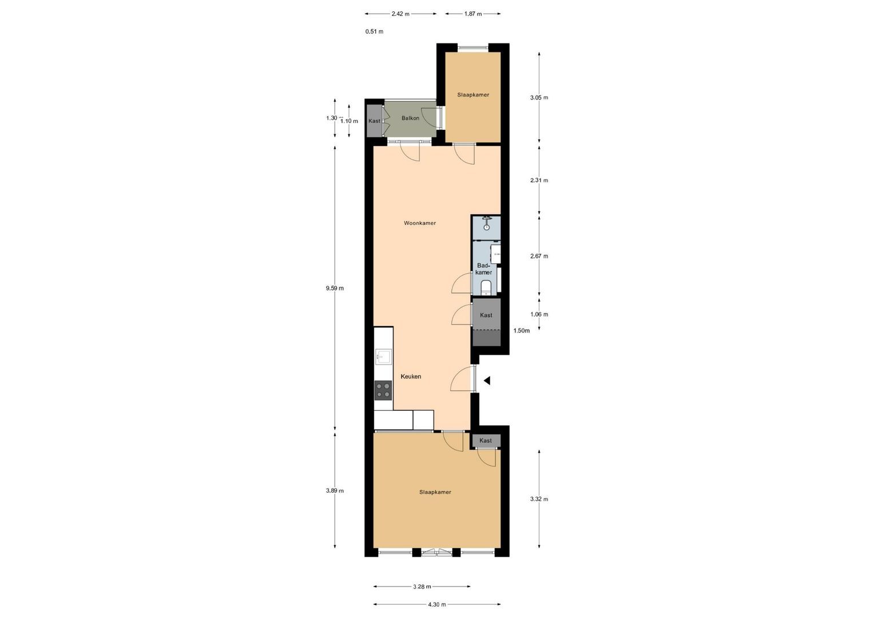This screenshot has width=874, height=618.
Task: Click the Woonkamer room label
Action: pyautogui.click(x=419, y=223)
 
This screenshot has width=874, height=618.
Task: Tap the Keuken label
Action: pyautogui.click(x=411, y=377)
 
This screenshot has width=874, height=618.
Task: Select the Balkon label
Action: pyautogui.click(x=410, y=118)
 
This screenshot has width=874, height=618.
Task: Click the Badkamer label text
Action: pyautogui.click(x=483, y=269)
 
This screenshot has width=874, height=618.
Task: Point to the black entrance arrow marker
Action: pyautogui.click(x=487, y=381)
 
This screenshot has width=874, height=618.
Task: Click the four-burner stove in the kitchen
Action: pyautogui.click(x=383, y=390)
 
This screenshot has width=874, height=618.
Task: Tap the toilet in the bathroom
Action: pyautogui.click(x=486, y=287)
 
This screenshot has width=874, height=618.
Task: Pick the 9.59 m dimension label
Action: pyautogui.click(x=335, y=288)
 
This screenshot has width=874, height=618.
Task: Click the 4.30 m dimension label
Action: pyautogui.click(x=436, y=604)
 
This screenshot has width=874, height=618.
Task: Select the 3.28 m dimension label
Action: pyautogui.click(x=422, y=587)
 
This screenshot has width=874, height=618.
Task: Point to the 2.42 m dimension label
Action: pyautogui.click(x=400, y=14)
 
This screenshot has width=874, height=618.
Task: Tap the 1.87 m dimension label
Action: pyautogui.click(x=472, y=14)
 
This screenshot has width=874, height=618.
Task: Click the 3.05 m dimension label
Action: pyautogui.click(x=539, y=98)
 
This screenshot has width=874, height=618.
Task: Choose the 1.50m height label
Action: pyautogui.click(x=521, y=331)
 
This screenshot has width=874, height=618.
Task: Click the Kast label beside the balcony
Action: pyautogui.click(x=374, y=121)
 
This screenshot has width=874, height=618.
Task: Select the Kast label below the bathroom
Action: pyautogui.click(x=486, y=315)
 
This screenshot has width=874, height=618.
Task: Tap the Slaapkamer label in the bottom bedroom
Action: pyautogui.click(x=435, y=492)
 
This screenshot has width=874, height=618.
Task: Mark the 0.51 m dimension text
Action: pyautogui.click(x=374, y=31)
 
